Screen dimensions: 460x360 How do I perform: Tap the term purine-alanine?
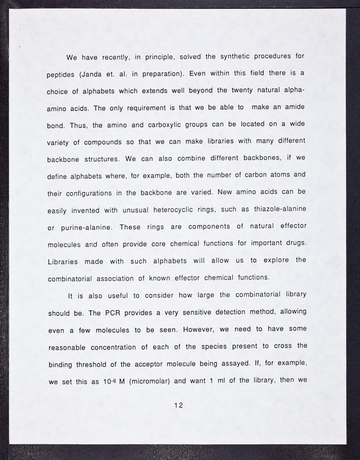83,222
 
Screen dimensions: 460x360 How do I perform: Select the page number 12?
179,405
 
